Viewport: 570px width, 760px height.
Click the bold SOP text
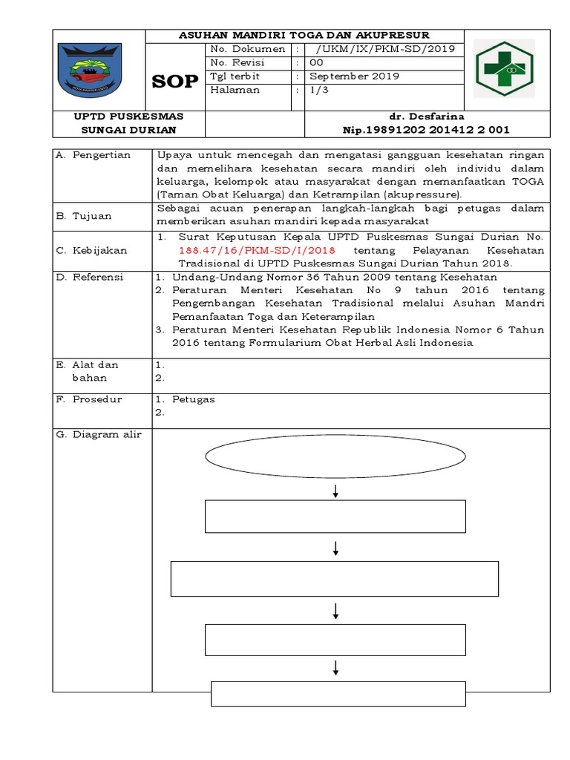point(175,82)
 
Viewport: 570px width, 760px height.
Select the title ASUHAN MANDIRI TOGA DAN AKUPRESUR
point(305,35)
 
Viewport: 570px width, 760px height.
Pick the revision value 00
point(316,62)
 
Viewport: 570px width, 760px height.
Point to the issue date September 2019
point(354,76)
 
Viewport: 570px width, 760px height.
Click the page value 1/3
point(321,90)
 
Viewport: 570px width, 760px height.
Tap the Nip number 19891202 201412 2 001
point(425,129)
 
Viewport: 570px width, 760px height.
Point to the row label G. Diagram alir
point(99,435)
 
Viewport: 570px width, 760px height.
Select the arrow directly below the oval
point(336,491)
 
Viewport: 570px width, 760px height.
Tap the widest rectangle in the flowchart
point(335,579)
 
